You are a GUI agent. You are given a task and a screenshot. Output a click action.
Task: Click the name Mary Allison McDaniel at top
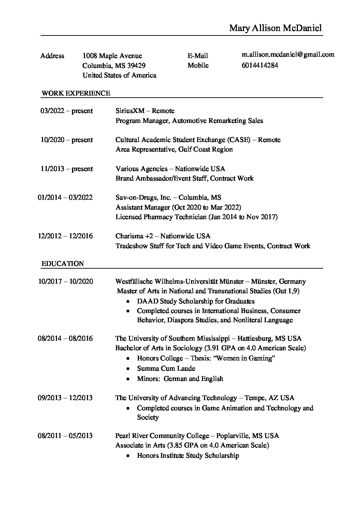(275, 28)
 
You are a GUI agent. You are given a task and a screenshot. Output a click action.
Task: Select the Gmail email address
(288, 54)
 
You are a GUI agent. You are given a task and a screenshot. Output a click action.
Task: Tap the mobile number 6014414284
(260, 65)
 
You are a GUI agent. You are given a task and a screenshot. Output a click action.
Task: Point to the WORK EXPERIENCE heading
(76, 93)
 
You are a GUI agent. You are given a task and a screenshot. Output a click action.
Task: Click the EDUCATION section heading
(62, 264)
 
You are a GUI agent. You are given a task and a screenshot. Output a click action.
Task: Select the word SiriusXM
(130, 111)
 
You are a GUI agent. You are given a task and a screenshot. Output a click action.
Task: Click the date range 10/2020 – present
(67, 140)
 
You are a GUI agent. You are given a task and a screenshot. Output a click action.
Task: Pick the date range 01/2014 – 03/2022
(65, 197)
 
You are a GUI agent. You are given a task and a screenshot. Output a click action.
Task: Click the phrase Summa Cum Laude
(166, 368)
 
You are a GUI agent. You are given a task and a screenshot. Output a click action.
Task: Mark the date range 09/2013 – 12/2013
(65, 398)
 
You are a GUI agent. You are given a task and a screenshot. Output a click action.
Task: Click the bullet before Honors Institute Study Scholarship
(128, 456)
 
